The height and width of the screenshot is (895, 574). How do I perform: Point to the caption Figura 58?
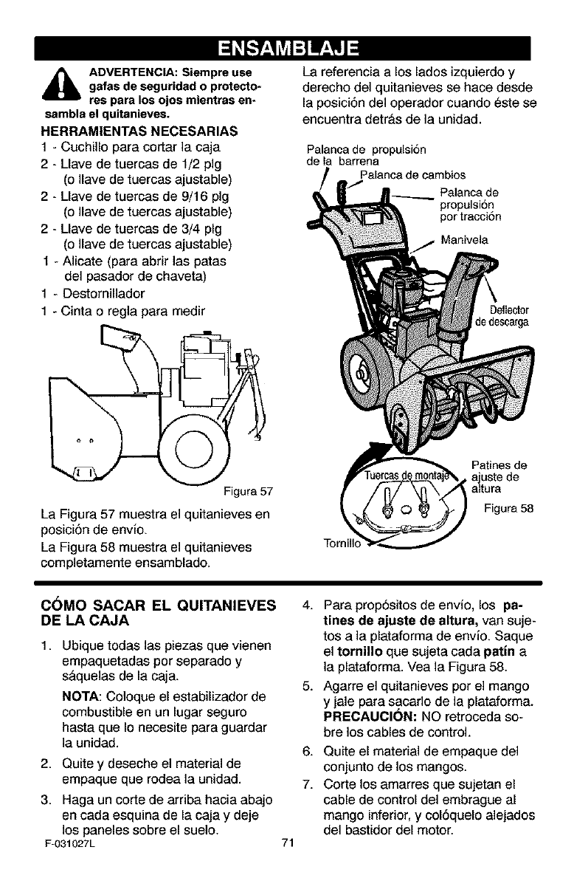[x=507, y=509]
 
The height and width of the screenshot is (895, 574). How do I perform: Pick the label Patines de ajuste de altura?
[x=498, y=477]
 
